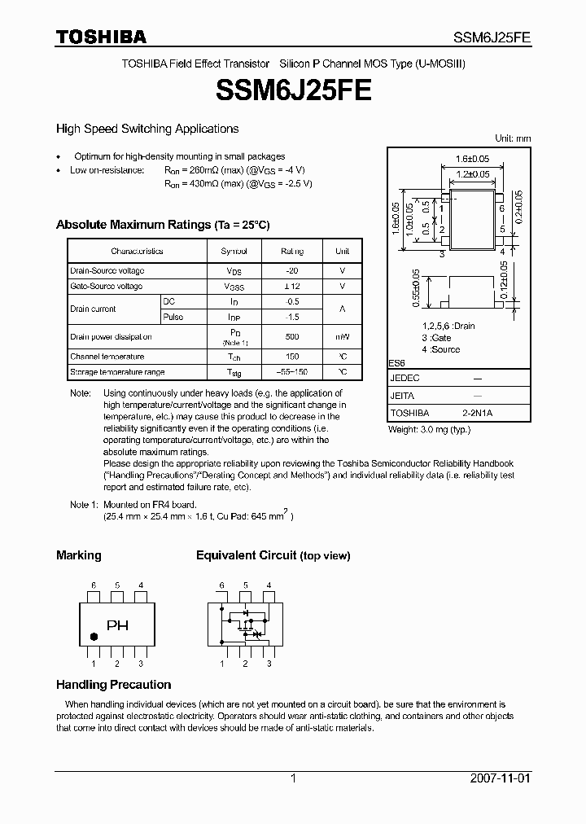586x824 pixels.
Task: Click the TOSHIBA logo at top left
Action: (x=101, y=37)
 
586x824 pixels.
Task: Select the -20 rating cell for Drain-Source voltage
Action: (x=292, y=270)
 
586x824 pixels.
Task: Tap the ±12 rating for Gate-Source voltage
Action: (x=292, y=287)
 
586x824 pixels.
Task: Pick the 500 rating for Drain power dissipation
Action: (x=292, y=337)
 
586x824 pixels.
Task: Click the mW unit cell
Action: (x=343, y=337)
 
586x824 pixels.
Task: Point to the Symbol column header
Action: (x=234, y=252)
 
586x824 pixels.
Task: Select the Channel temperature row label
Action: (x=107, y=357)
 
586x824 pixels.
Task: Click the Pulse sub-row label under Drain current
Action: (x=173, y=317)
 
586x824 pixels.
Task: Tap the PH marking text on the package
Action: (x=118, y=626)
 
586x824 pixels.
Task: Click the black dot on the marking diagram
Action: (x=92, y=637)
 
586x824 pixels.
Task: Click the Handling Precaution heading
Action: (x=113, y=685)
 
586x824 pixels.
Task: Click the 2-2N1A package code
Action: (x=478, y=413)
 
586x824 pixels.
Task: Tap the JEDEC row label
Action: (x=405, y=379)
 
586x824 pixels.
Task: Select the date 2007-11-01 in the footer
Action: (x=500, y=778)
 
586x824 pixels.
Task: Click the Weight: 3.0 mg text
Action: (x=429, y=428)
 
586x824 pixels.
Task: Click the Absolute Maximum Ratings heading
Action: (x=162, y=225)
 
